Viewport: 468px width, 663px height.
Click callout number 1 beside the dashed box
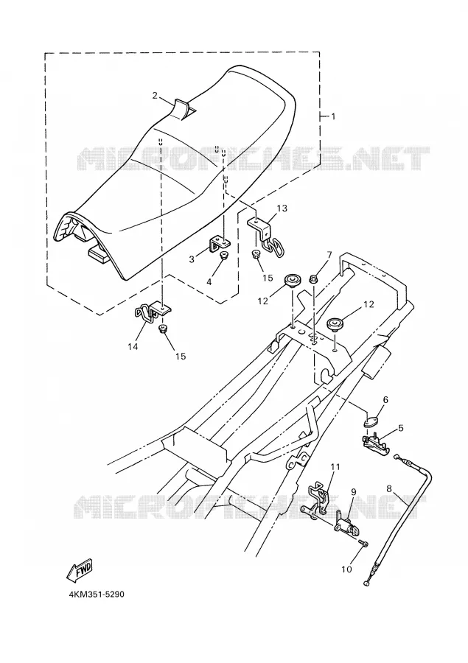pyautogui.click(x=333, y=116)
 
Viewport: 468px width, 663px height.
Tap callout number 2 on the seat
pyautogui.click(x=155, y=96)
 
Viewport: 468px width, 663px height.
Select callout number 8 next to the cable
pyautogui.click(x=390, y=489)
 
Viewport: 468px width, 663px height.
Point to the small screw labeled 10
pyautogui.click(x=363, y=541)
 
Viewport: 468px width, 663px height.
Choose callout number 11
pyautogui.click(x=335, y=467)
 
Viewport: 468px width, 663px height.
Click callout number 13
pyautogui.click(x=282, y=208)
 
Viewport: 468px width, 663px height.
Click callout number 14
pyautogui.click(x=133, y=346)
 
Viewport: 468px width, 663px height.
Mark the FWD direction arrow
pyautogui.click(x=79, y=570)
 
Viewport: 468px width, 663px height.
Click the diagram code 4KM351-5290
pyautogui.click(x=97, y=594)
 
